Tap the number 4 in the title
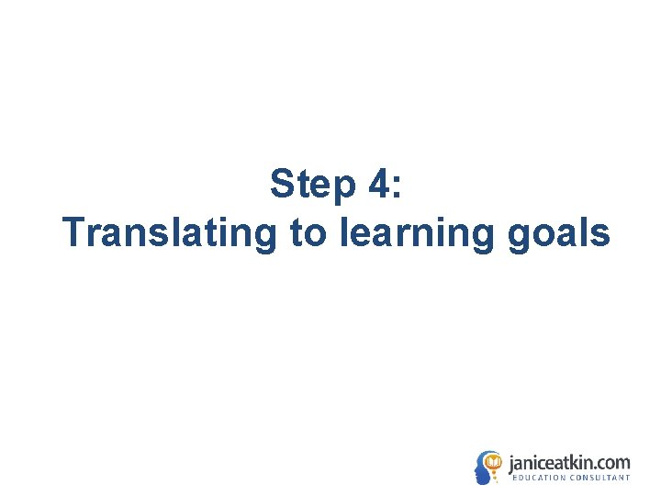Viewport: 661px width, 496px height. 379,186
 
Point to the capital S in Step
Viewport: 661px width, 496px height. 282,186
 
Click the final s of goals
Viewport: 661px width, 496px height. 601,235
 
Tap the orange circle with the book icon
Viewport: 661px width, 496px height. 493,461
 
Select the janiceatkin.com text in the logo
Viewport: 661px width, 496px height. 569,462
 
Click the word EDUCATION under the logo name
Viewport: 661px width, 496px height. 539,478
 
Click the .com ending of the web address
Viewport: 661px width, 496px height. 613,463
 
